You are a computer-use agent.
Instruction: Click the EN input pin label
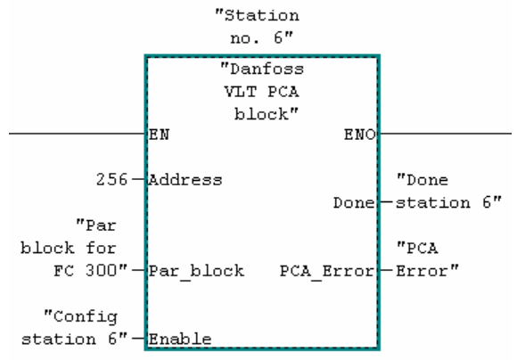(160, 135)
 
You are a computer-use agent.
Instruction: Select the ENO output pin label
(360, 135)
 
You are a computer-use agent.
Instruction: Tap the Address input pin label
(185, 180)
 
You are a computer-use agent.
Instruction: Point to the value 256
(111, 180)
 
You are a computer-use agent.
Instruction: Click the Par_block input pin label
(196, 271)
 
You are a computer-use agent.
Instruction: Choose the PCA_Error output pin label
(327, 271)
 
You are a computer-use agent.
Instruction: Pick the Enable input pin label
(180, 339)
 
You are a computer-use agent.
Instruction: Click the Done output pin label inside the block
(354, 203)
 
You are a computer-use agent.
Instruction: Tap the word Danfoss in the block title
(262, 70)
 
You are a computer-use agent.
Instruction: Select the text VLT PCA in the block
(262, 92)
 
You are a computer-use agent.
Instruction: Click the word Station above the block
(258, 15)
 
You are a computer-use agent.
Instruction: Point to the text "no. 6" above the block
(261, 38)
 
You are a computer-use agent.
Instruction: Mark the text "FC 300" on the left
(90, 271)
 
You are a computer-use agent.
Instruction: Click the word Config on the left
(81, 317)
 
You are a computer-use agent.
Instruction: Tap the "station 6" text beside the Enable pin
(75, 339)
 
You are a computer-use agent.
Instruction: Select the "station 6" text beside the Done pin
(448, 202)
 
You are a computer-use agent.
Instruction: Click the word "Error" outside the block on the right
(427, 271)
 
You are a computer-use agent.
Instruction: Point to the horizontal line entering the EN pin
(78, 134)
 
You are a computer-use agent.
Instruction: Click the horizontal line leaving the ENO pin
(446, 134)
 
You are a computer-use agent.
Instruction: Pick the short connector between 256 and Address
(138, 179)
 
